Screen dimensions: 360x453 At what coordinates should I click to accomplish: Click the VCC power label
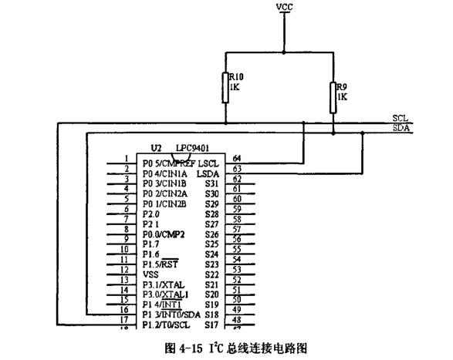(x=284, y=7)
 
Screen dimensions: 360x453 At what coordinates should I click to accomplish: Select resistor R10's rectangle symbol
(x=226, y=87)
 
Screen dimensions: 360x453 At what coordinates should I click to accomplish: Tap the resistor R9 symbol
(x=334, y=96)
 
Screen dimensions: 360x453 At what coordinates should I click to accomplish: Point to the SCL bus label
(x=401, y=118)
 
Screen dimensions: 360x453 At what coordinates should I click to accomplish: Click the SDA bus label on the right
(x=401, y=128)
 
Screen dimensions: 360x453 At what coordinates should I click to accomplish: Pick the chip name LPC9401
(x=192, y=147)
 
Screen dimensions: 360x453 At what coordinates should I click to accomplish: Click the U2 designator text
(x=157, y=147)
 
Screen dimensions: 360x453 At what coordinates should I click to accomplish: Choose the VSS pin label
(x=151, y=274)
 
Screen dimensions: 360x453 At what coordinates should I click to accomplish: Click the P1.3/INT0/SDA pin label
(x=171, y=315)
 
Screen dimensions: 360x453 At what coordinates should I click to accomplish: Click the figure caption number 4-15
(x=197, y=348)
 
